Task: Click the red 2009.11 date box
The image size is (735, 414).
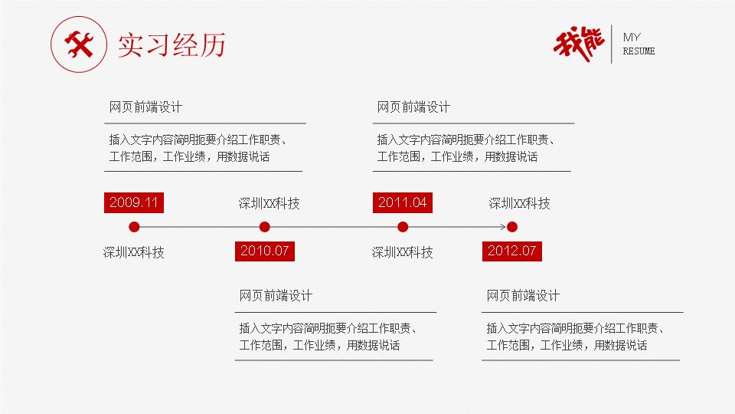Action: click(x=133, y=202)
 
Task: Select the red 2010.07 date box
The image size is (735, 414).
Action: click(x=264, y=251)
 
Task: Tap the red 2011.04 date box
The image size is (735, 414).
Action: click(x=402, y=202)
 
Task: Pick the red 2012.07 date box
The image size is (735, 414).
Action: click(x=512, y=251)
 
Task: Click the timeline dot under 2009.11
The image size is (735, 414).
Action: click(x=134, y=227)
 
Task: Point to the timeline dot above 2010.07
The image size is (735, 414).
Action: click(x=264, y=227)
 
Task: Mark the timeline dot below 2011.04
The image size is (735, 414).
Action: click(x=403, y=227)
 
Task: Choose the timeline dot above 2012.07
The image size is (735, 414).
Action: click(x=512, y=227)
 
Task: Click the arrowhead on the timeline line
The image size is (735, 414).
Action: click(x=503, y=227)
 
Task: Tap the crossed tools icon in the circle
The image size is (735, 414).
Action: click(x=79, y=44)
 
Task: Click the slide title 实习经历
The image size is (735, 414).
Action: click(x=171, y=45)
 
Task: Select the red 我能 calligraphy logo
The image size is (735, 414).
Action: click(x=579, y=44)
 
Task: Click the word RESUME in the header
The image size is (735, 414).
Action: click(x=639, y=51)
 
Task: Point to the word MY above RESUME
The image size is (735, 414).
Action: click(x=632, y=37)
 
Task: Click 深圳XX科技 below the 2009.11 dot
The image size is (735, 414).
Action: click(x=133, y=252)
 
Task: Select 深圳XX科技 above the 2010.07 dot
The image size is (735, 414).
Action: click(x=269, y=203)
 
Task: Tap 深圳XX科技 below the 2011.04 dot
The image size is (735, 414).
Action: click(x=402, y=252)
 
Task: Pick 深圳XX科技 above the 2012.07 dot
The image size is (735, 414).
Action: click(x=519, y=203)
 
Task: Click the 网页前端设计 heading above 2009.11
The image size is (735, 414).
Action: click(x=145, y=107)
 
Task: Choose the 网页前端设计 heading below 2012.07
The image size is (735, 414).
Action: click(x=523, y=296)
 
